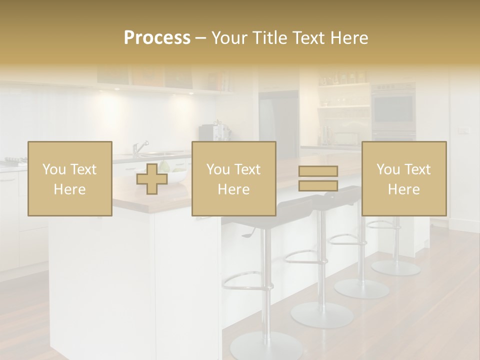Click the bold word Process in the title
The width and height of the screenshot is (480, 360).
click(x=157, y=38)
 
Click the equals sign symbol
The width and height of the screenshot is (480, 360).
click(x=318, y=178)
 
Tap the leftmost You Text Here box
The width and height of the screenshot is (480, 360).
click(x=70, y=178)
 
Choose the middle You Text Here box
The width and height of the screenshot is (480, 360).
click(x=233, y=178)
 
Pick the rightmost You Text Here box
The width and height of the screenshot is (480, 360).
click(x=403, y=178)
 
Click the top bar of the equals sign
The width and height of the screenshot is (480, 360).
click(x=318, y=171)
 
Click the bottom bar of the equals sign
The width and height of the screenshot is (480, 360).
click(x=318, y=186)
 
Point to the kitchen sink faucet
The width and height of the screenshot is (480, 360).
click(x=140, y=147)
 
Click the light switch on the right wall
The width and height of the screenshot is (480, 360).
click(x=464, y=131)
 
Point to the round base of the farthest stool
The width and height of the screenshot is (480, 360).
click(x=396, y=267)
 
